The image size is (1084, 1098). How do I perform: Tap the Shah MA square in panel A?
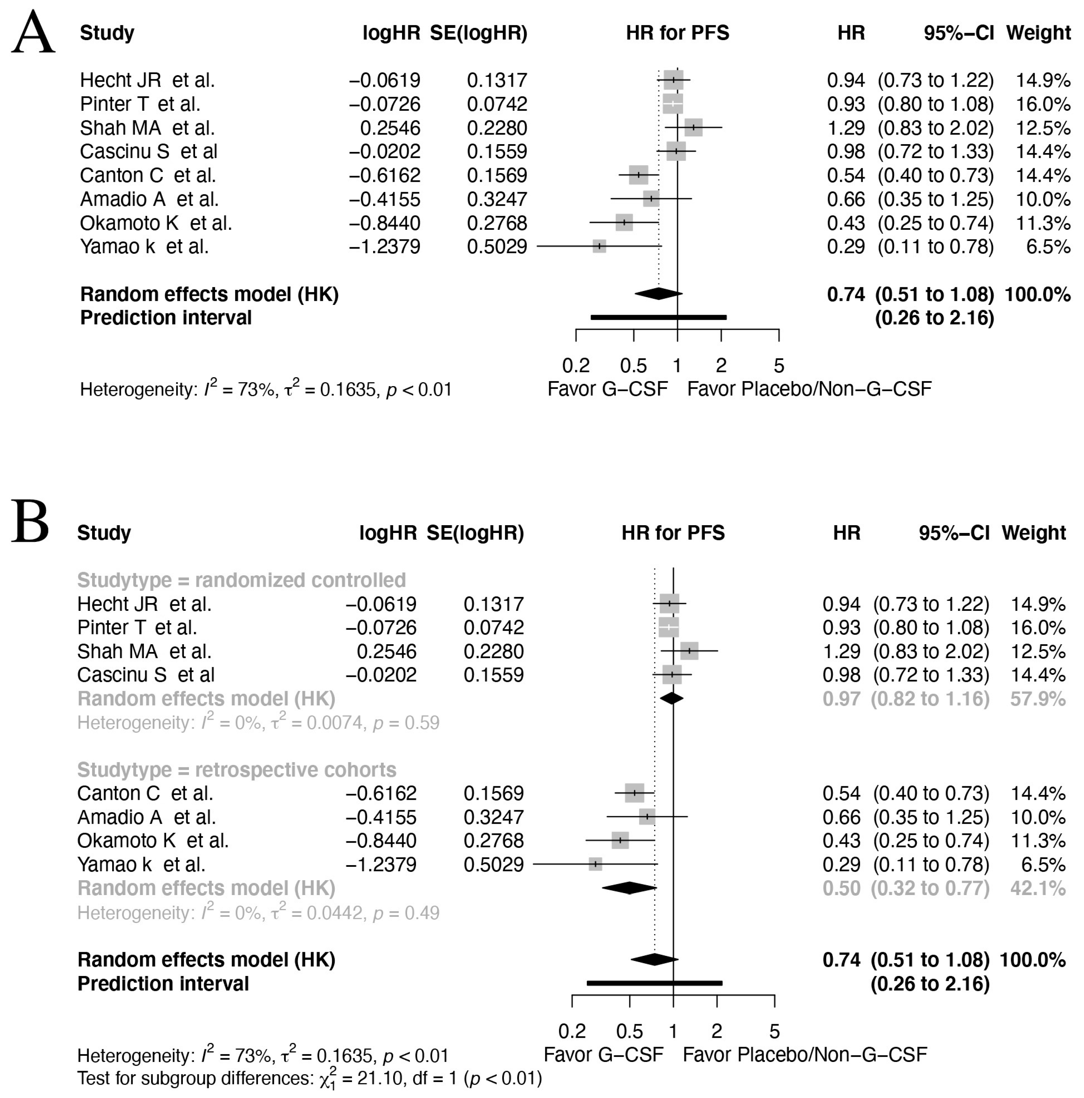694,127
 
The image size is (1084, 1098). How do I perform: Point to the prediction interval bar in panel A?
659,317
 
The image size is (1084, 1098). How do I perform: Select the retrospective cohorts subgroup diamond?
629,888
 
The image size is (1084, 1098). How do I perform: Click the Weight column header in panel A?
1038,33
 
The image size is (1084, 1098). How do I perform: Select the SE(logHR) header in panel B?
475,533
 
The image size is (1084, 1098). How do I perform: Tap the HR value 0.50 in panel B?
841,888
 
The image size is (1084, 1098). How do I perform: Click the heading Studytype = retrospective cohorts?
237,770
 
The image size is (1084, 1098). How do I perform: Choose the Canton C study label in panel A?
148,175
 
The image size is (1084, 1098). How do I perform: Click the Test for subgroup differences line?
309,1078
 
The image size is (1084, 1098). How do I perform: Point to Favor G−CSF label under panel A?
607,389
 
